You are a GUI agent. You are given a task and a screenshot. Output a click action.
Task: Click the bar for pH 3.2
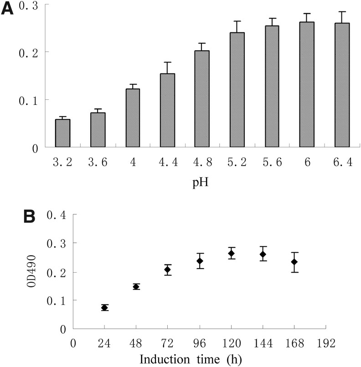point(62,133)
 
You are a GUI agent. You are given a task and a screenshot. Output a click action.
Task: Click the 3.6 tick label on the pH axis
point(98,162)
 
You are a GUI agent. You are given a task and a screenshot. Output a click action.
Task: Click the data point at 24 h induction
point(104,308)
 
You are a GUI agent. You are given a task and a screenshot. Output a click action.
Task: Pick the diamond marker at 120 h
point(231,253)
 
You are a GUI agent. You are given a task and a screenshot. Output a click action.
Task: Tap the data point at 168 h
point(294,262)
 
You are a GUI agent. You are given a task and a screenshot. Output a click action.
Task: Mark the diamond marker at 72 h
point(168,270)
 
